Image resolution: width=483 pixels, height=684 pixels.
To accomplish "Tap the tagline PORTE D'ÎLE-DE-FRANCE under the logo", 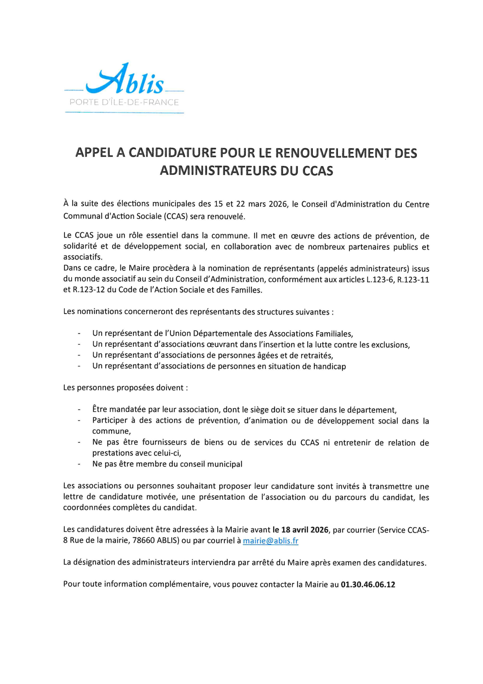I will (124, 103).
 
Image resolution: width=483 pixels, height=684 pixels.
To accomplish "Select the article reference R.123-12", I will (89, 290).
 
